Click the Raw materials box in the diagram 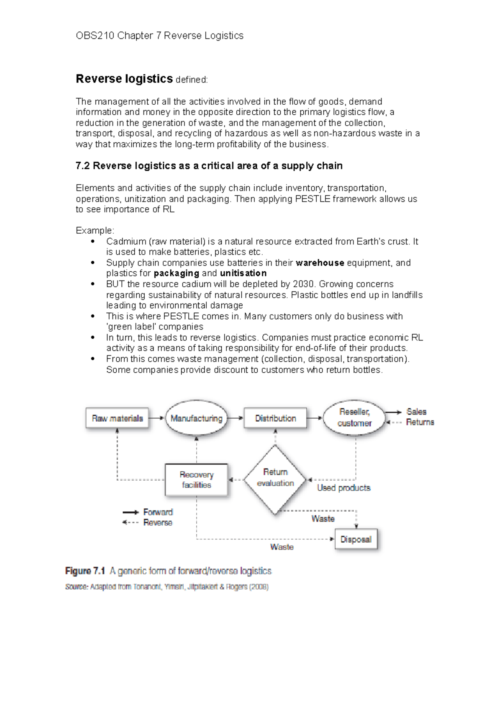117,418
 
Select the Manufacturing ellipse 196,418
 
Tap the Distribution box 275,418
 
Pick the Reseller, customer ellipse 354,417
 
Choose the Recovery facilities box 196,480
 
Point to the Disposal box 356,539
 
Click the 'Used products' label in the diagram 343,488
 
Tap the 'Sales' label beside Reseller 416,412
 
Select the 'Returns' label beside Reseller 420,422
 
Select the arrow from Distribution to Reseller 314,418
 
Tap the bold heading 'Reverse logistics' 124,79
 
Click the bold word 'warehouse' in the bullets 320,263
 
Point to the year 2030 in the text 303,284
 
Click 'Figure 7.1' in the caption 85,571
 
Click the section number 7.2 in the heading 83,166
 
